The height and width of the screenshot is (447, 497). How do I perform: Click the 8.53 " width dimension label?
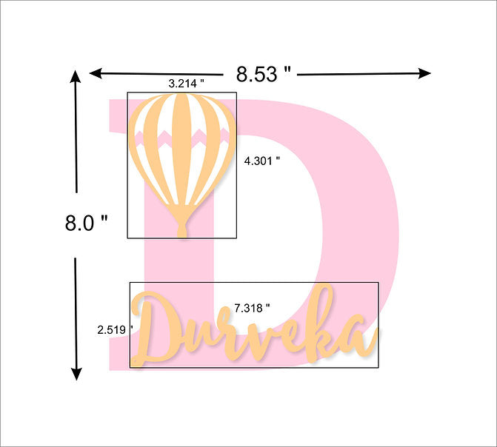[x=263, y=74]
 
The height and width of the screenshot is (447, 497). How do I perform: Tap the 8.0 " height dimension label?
[x=86, y=223]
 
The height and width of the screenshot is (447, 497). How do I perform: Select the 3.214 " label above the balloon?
[x=186, y=84]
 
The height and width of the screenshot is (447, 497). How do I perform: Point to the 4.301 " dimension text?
[x=262, y=161]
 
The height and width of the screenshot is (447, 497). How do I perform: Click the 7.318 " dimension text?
[x=252, y=308]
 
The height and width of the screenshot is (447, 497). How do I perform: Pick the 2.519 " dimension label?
[x=115, y=330]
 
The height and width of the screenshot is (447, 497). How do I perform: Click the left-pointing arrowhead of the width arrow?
[x=96, y=73]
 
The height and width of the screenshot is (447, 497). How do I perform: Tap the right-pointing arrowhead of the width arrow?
[x=424, y=73]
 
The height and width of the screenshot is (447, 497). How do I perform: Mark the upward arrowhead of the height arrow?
[x=76, y=76]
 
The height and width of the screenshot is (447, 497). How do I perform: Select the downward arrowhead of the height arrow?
[x=76, y=374]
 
